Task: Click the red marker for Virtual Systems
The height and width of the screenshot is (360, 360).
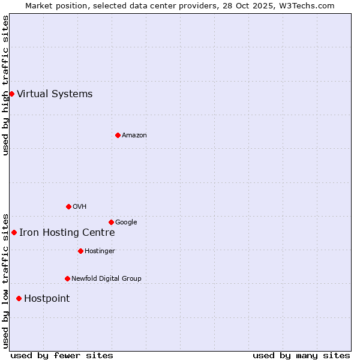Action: [11, 94]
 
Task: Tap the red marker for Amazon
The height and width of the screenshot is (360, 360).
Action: [118, 135]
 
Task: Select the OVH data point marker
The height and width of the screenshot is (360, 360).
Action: [68, 206]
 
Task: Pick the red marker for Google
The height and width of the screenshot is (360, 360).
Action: [111, 222]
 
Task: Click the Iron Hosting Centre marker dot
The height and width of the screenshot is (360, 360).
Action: [14, 232]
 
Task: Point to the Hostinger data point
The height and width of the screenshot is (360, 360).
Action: [80, 251]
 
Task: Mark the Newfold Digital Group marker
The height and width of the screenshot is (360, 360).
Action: [67, 278]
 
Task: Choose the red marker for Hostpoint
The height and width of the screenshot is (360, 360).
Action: [19, 298]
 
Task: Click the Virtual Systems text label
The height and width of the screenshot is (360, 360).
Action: [55, 94]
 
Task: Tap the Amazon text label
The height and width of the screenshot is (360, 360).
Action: [134, 135]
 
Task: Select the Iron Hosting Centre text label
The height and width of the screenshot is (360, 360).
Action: [67, 233]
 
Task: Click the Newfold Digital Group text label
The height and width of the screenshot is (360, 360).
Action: [106, 278]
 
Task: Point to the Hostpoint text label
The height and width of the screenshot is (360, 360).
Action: [47, 299]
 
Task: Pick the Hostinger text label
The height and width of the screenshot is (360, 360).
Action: [100, 251]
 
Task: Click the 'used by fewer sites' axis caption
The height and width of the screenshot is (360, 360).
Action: [62, 355]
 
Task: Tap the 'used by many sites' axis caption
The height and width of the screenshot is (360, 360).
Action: [301, 355]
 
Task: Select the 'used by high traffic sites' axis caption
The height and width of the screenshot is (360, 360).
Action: [5, 85]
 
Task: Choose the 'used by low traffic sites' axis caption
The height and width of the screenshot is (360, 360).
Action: [5, 280]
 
